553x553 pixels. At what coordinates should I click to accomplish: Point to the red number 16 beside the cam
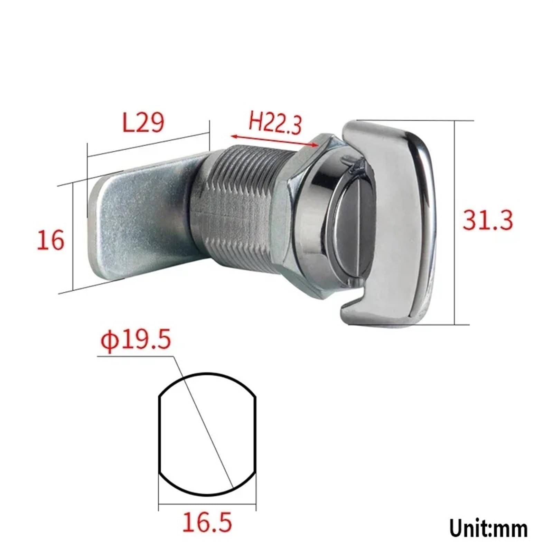coord(50,240)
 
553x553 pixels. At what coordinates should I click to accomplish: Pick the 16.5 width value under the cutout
coord(207,523)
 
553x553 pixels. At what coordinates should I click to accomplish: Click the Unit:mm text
coord(489,528)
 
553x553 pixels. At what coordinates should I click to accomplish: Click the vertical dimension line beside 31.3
coord(454,221)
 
